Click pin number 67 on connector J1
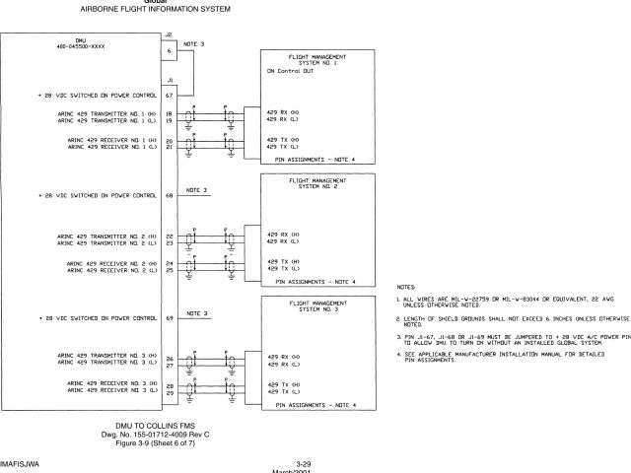[170, 96]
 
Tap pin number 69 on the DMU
[170, 318]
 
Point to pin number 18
[170, 114]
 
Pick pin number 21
[170, 149]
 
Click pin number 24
[170, 264]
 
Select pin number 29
[170, 391]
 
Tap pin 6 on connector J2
[170, 49]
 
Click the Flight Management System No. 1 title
[315, 61]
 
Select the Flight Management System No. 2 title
[315, 182]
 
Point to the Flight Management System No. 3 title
[315, 305]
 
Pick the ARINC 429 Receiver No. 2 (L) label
[112, 271]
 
